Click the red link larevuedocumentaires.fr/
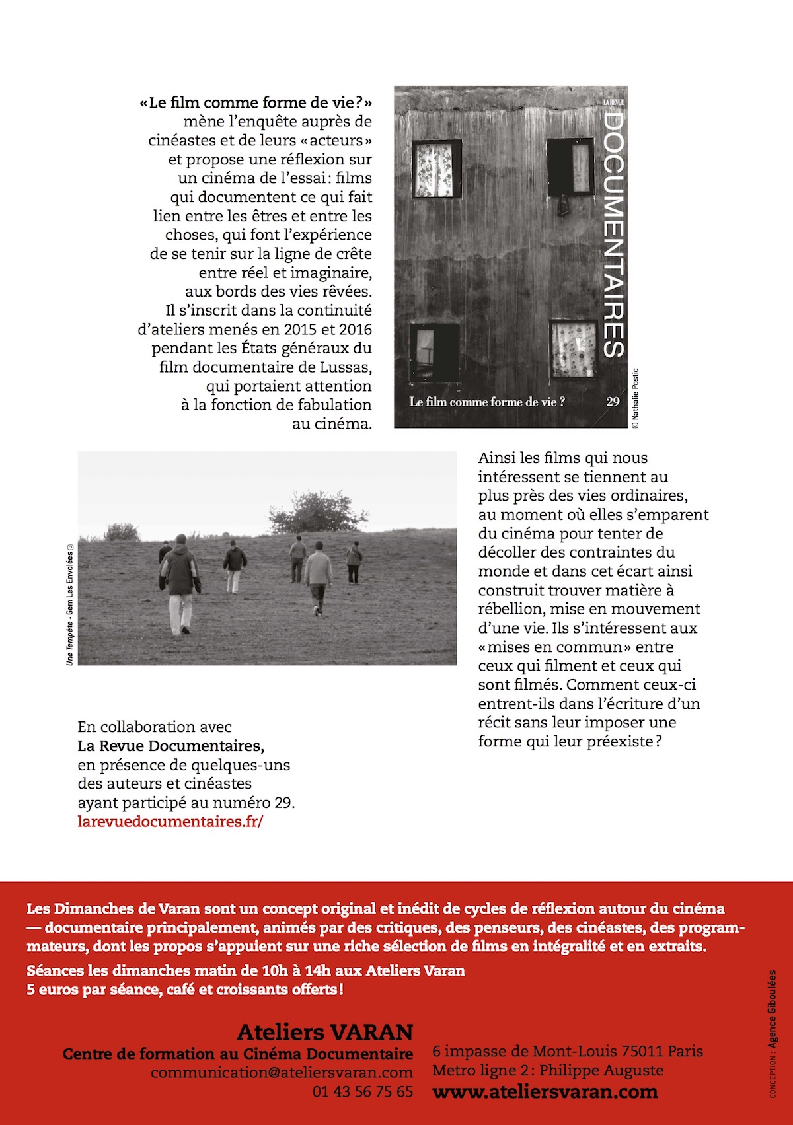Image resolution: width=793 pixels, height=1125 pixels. pyautogui.click(x=170, y=822)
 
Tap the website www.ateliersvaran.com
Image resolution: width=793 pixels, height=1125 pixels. pyautogui.click(x=545, y=1092)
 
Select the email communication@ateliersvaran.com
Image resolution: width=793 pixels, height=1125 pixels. pyautogui.click(x=282, y=1072)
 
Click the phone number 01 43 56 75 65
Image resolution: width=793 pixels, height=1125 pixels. pyautogui.click(x=362, y=1092)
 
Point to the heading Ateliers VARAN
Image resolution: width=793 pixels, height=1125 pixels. pyautogui.click(x=324, y=1032)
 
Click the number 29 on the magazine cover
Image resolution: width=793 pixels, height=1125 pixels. pyautogui.click(x=613, y=402)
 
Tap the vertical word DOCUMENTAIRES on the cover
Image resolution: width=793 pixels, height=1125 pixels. pyautogui.click(x=614, y=235)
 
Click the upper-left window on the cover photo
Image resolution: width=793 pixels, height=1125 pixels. pyautogui.click(x=436, y=168)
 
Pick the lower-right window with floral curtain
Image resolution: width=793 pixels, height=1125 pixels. pyautogui.click(x=573, y=349)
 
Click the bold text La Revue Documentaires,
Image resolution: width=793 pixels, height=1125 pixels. pyautogui.click(x=170, y=746)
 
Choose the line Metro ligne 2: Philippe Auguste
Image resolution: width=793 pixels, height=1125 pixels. pyautogui.click(x=547, y=1070)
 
